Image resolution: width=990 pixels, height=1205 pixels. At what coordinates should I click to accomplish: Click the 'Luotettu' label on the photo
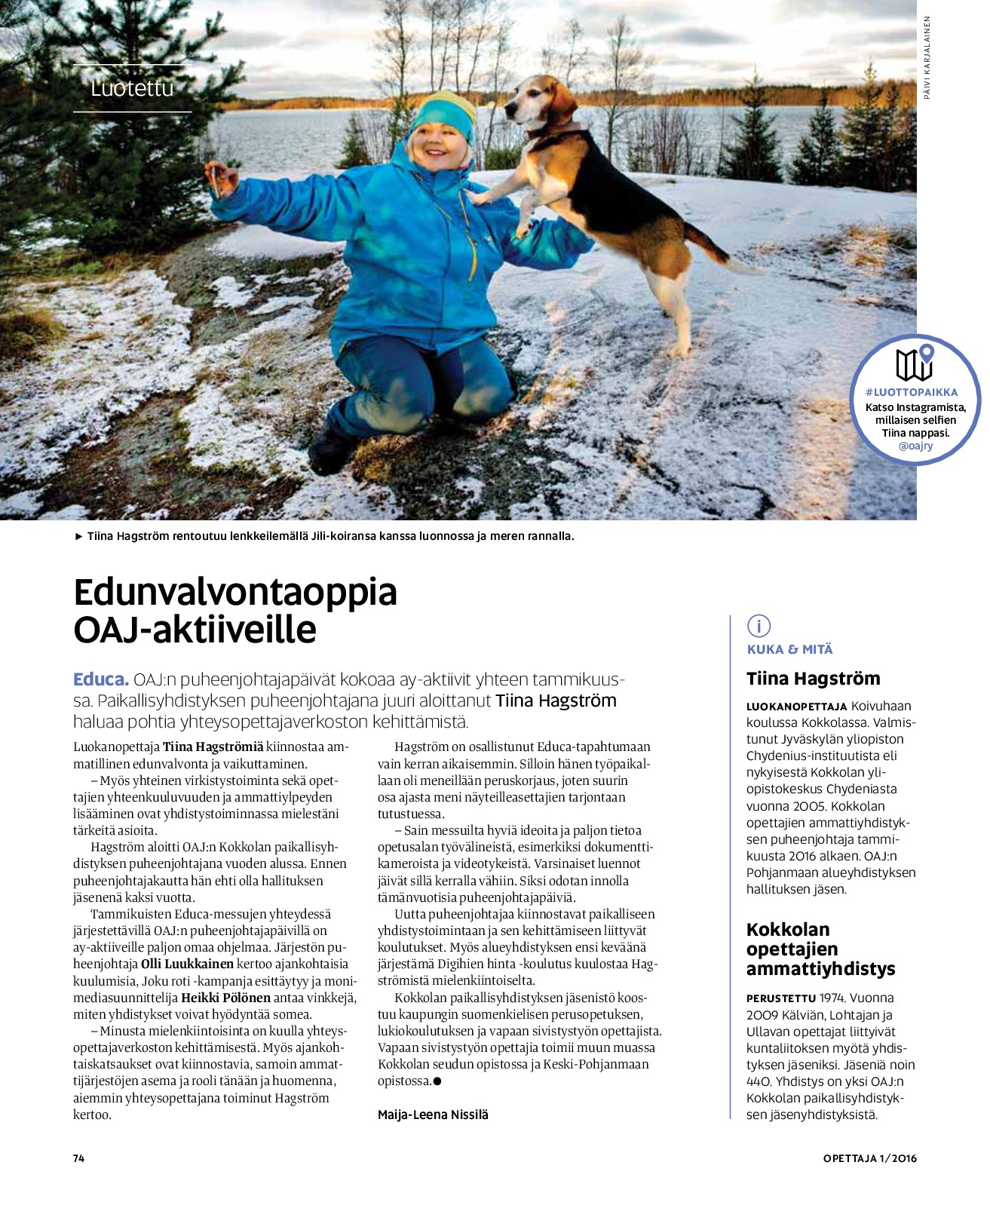(x=132, y=88)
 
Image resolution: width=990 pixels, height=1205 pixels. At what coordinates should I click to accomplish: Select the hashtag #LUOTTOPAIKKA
(x=912, y=392)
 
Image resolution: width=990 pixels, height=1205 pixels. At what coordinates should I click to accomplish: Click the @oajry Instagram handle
(x=915, y=446)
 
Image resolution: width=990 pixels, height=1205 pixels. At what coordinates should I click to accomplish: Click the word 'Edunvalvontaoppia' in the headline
(x=235, y=592)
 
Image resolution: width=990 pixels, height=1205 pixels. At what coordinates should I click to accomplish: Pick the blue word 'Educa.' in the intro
(x=101, y=679)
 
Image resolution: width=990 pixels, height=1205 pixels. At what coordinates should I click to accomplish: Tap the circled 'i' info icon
(x=759, y=625)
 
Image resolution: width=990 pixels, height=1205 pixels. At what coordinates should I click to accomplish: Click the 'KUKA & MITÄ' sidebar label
(x=789, y=649)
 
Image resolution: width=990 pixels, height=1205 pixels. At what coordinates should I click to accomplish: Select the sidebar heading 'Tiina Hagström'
(x=813, y=679)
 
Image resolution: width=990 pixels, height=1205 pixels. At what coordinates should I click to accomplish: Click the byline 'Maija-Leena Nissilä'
(x=433, y=1115)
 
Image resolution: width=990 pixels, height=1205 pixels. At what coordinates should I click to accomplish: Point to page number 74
(x=78, y=1158)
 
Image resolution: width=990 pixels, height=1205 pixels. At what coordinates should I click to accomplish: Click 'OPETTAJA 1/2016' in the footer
(x=869, y=1158)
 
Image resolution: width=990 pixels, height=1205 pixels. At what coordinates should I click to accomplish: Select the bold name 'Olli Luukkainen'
(x=187, y=964)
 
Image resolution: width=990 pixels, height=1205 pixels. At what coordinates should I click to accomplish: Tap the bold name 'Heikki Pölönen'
(x=225, y=998)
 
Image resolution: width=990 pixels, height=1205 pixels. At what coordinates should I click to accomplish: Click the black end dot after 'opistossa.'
(x=437, y=1081)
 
